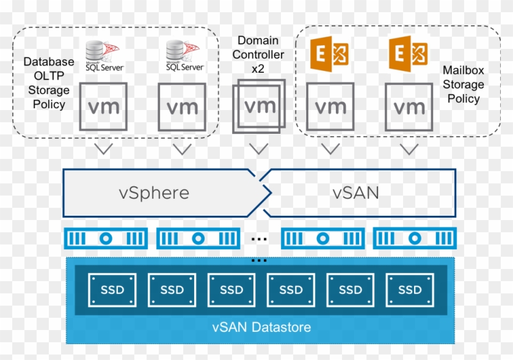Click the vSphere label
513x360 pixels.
tap(153, 193)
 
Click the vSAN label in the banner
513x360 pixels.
tap(356, 193)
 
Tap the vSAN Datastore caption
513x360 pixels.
tap(261, 327)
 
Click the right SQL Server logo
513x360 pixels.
tap(182, 55)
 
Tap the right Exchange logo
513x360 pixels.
tap(409, 53)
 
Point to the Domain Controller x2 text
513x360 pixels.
tap(258, 55)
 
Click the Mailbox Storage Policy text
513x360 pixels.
tap(464, 85)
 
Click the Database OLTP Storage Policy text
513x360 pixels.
tap(49, 83)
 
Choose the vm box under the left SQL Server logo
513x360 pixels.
tap(103, 108)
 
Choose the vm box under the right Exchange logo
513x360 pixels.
tap(409, 108)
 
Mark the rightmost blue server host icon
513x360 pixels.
tap(415, 238)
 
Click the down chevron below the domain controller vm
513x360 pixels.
tap(259, 149)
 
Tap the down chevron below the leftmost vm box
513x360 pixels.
tap(103, 149)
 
